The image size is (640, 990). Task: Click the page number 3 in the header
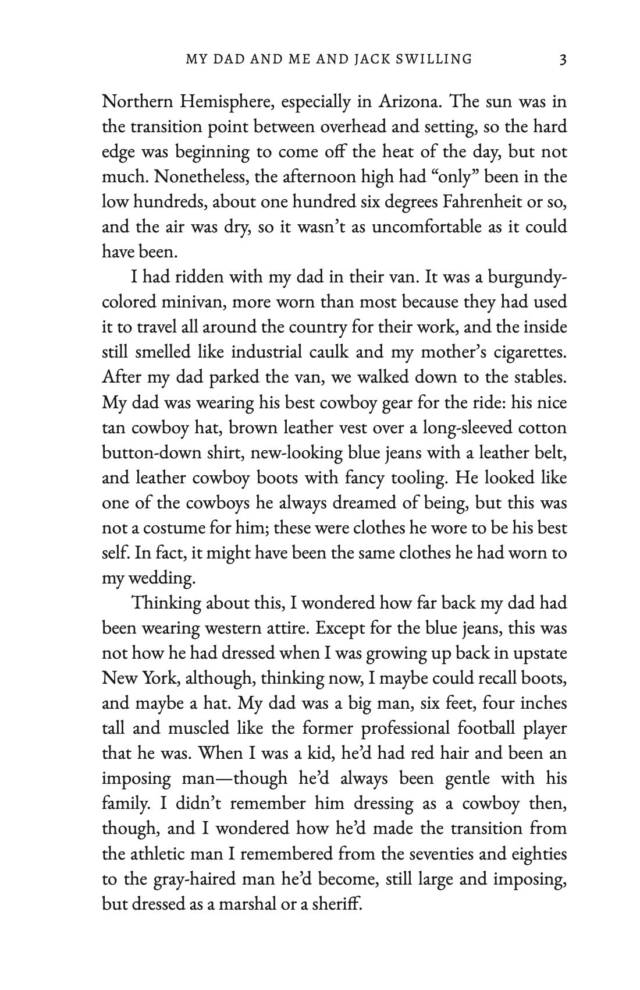562,59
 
